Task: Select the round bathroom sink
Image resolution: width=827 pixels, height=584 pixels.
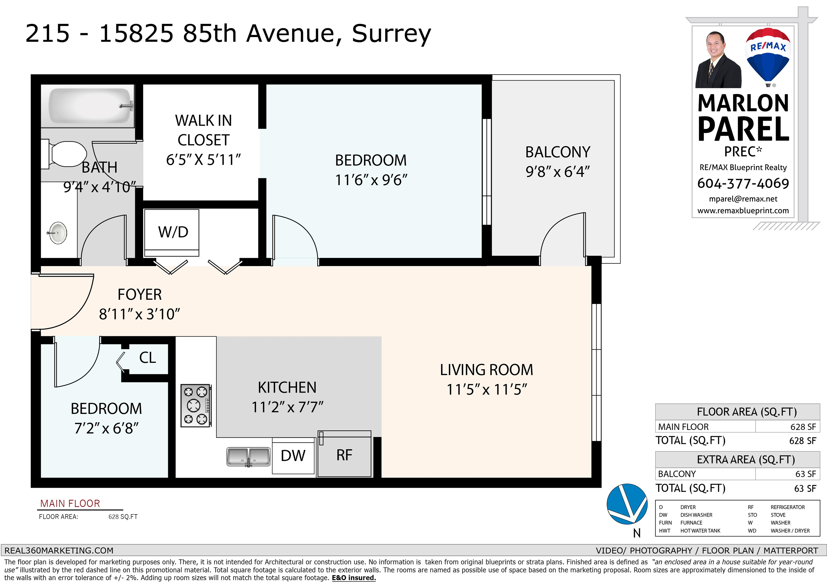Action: click(x=57, y=233)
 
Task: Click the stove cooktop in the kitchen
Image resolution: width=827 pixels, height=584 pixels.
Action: click(x=196, y=405)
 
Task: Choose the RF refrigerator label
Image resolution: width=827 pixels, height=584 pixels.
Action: click(x=344, y=455)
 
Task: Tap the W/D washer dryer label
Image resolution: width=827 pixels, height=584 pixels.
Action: click(x=173, y=232)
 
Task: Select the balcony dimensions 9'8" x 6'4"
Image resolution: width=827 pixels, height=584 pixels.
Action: click(x=558, y=172)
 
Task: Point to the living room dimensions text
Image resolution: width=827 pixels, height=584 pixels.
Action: click(x=487, y=389)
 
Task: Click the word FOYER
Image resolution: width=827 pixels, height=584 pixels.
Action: click(x=140, y=295)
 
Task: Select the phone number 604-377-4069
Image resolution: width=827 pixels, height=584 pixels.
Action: click(x=743, y=184)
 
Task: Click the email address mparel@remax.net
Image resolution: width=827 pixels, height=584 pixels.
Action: click(x=743, y=199)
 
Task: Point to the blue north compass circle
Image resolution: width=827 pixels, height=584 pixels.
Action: click(x=627, y=504)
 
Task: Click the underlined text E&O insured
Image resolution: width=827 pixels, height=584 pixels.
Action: click(x=354, y=578)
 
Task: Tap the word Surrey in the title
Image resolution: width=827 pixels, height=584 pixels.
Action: click(x=391, y=34)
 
